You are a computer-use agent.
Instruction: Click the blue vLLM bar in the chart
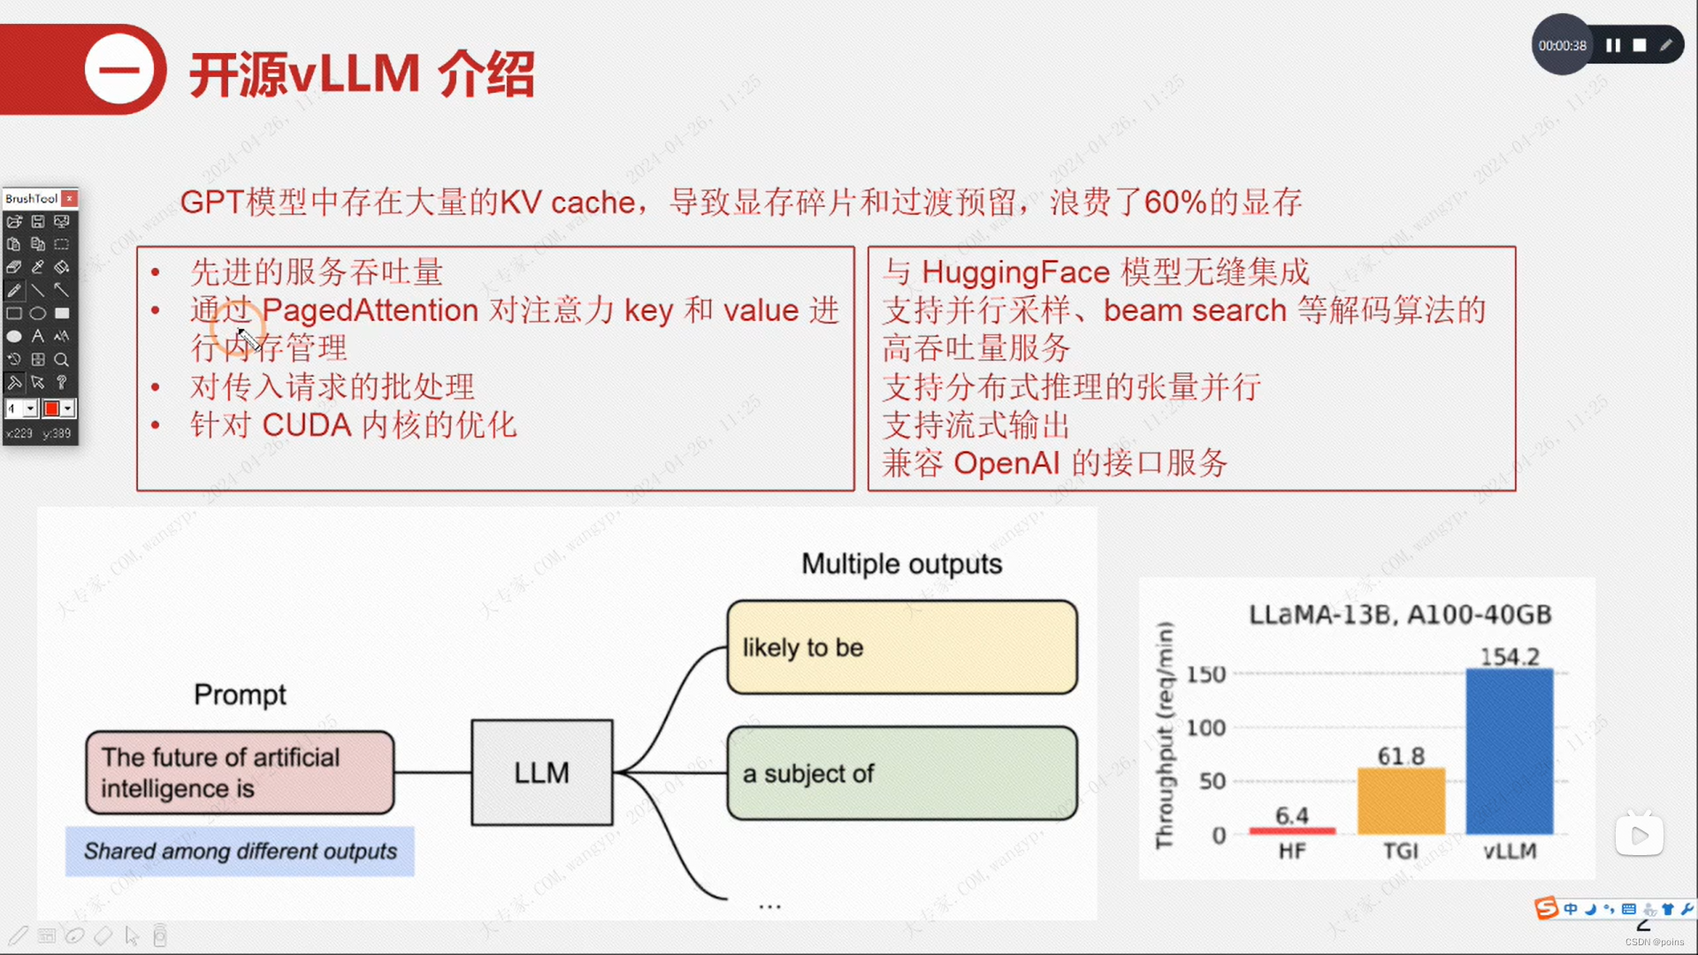(1509, 752)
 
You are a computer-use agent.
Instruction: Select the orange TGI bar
(1401, 801)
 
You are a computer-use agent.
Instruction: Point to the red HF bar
(1291, 830)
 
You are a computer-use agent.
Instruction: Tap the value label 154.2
(1510, 657)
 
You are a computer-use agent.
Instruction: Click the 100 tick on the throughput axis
(1205, 728)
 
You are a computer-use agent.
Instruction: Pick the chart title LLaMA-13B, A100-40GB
(1400, 615)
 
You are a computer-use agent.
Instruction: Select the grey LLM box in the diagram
(541, 773)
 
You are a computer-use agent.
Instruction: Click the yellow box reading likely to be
(901, 647)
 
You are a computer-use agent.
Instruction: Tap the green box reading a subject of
(901, 774)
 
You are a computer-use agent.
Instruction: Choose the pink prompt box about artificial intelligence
(240, 773)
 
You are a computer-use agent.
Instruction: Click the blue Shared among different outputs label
(240, 851)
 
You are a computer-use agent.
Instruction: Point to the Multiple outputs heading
(901, 564)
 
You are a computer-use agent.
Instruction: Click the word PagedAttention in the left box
(370, 310)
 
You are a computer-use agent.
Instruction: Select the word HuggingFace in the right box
(1015, 271)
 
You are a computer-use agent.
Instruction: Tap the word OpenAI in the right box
(1006, 462)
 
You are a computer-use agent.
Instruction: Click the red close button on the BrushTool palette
(69, 198)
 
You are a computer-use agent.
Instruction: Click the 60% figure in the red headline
(1175, 202)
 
